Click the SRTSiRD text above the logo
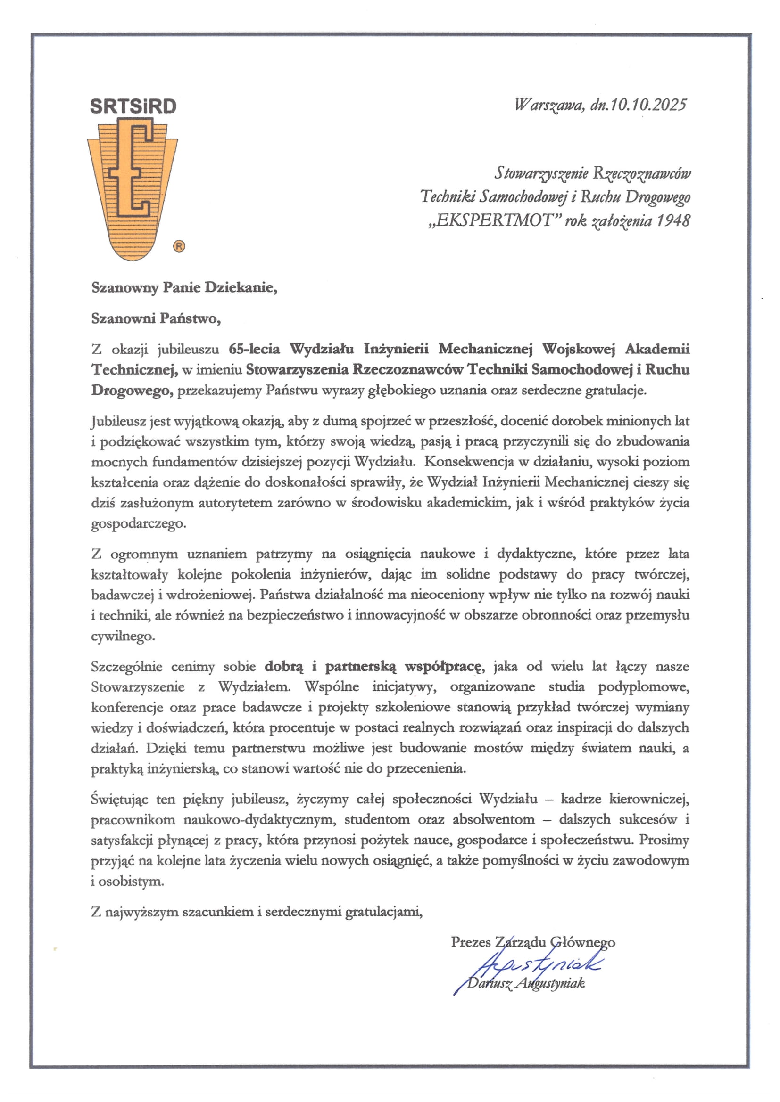pos(133,106)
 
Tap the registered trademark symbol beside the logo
pos(179,246)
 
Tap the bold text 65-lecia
pos(254,349)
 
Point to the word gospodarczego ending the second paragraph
pos(138,523)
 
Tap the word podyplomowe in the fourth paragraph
pos(643,687)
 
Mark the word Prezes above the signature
pos(471,942)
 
